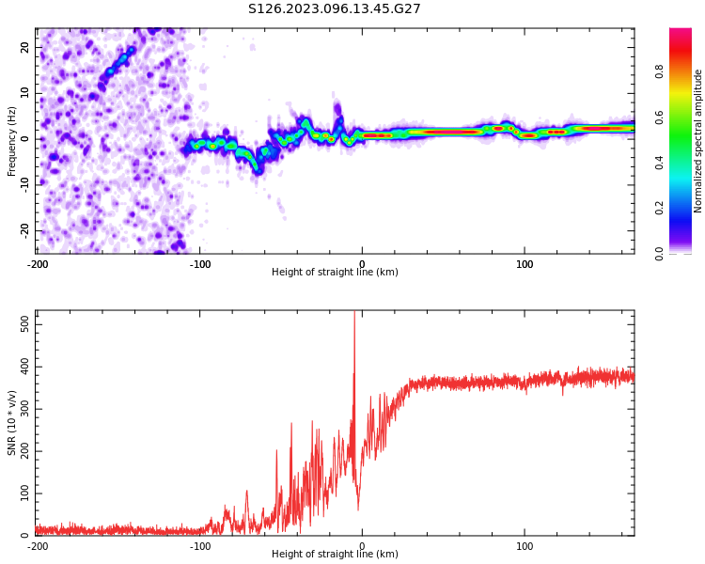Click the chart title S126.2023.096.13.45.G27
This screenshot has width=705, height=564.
click(x=334, y=8)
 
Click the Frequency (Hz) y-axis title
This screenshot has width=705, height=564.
click(x=12, y=140)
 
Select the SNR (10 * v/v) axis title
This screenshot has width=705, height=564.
click(x=12, y=423)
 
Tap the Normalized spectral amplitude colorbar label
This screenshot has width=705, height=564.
click(x=698, y=140)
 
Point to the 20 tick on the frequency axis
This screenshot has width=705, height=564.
click(x=24, y=47)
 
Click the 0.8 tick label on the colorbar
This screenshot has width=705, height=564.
click(x=660, y=69)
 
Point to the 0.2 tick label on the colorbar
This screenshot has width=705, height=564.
click(x=660, y=209)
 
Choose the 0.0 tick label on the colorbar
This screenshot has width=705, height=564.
click(x=660, y=254)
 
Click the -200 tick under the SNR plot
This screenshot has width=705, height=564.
click(x=38, y=546)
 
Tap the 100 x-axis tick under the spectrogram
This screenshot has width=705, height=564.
click(x=525, y=264)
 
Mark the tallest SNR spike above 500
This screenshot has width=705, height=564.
click(x=354, y=314)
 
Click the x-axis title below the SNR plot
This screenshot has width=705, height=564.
click(x=335, y=555)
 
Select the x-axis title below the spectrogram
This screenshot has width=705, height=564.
click(x=335, y=273)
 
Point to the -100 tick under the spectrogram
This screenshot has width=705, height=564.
click(x=200, y=264)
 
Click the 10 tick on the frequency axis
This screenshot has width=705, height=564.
click(x=24, y=93)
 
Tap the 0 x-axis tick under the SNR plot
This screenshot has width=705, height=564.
click(x=362, y=546)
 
